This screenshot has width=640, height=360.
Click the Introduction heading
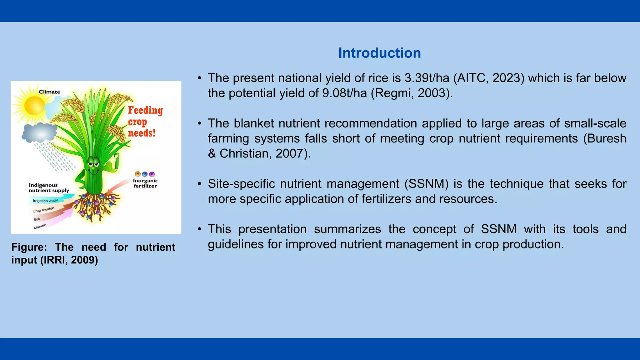click(x=379, y=53)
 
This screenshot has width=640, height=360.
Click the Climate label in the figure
click(x=49, y=92)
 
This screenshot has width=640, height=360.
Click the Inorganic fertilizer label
click(x=145, y=183)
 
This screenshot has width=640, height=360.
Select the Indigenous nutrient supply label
click(x=48, y=188)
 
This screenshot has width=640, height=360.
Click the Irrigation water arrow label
click(x=46, y=201)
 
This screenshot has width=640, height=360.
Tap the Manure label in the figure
click(x=40, y=227)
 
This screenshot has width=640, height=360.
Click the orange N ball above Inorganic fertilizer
click(x=137, y=174)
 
